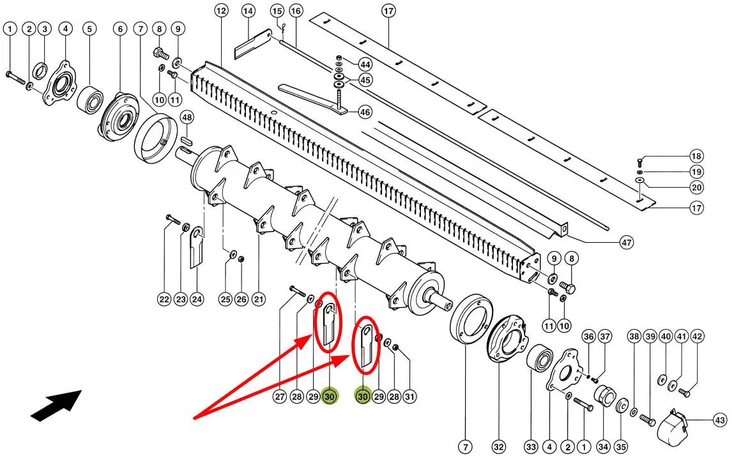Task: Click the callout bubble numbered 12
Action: point(221,11)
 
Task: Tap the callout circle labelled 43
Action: point(720,420)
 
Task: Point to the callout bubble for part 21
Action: point(259,299)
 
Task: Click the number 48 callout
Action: point(187,118)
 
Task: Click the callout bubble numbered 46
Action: point(365,112)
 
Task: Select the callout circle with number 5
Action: point(89,29)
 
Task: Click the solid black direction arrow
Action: point(56,405)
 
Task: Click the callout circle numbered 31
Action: point(409,397)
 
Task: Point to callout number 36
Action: point(588,337)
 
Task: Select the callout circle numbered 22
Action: point(164,299)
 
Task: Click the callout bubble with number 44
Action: point(365,65)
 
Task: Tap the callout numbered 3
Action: point(44,29)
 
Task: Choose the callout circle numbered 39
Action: point(650,337)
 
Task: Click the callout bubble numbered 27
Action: point(280,397)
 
